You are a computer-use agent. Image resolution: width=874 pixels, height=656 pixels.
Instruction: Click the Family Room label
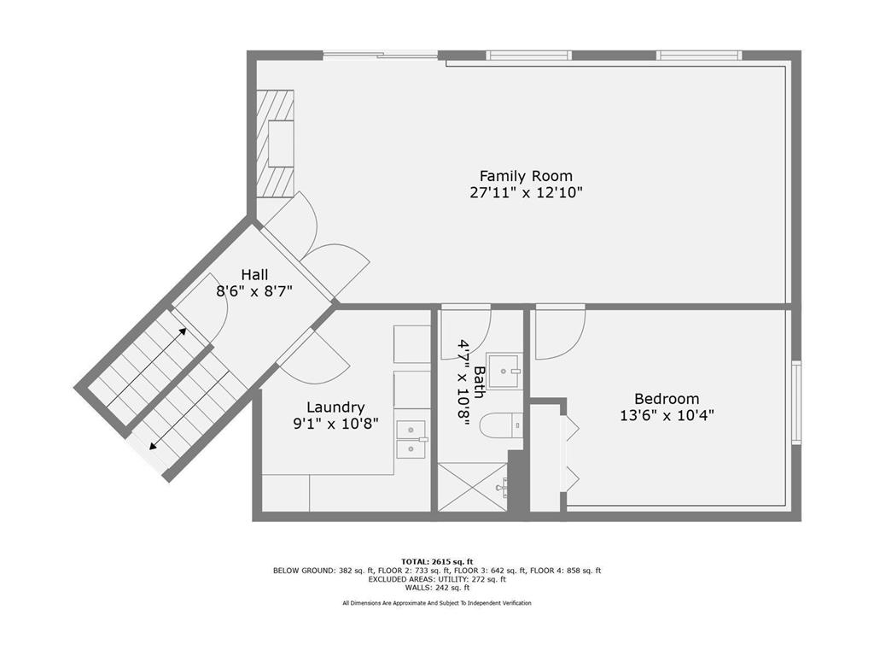(x=526, y=176)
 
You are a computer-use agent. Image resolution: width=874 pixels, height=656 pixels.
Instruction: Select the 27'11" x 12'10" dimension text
(x=526, y=193)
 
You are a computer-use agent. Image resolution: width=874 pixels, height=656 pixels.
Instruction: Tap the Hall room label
(x=254, y=274)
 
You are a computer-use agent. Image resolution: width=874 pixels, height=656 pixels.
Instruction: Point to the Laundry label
(x=335, y=407)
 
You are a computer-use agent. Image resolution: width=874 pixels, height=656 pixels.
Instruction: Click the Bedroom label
(x=667, y=399)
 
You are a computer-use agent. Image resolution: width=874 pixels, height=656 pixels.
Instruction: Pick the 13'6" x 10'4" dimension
(x=667, y=416)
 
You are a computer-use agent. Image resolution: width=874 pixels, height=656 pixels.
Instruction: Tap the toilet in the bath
(x=501, y=425)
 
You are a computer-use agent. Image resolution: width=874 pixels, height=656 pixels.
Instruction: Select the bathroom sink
(x=504, y=371)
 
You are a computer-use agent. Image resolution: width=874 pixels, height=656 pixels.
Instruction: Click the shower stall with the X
(x=473, y=486)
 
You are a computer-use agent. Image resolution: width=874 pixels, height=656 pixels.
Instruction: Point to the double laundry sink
(x=411, y=440)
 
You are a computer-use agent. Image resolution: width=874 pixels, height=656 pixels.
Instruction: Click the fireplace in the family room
(x=276, y=143)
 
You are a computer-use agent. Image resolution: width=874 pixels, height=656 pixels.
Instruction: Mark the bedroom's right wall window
(x=796, y=402)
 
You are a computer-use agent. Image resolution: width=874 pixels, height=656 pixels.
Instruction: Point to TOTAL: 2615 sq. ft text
(x=437, y=562)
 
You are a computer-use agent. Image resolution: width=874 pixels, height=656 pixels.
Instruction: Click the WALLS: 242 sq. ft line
(x=437, y=588)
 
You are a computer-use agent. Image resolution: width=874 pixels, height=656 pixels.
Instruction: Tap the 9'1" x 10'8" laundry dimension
(x=335, y=425)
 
